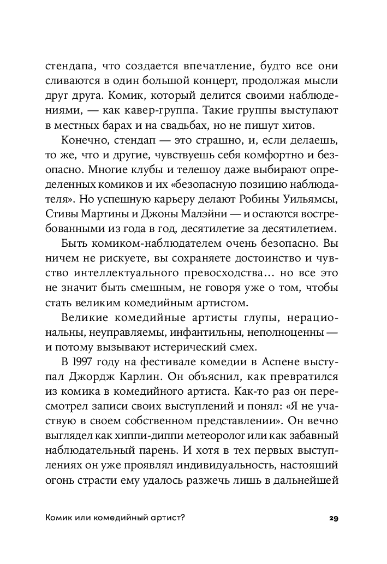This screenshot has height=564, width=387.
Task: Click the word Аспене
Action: coord(283,361)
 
